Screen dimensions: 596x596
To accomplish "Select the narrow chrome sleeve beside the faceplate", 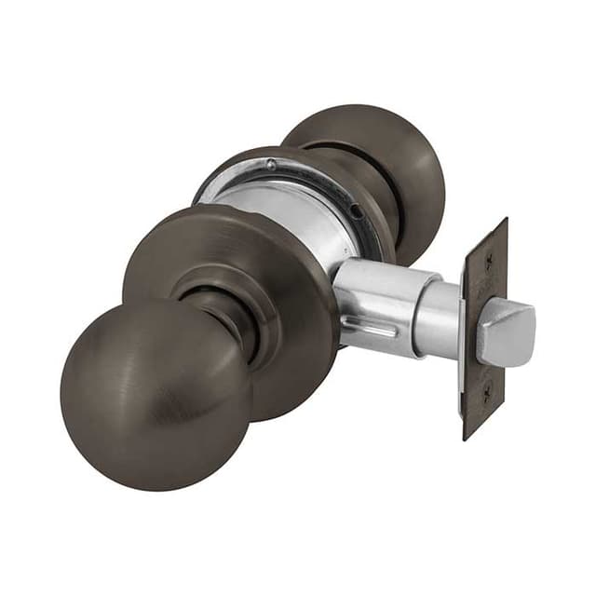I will pos(438,317).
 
